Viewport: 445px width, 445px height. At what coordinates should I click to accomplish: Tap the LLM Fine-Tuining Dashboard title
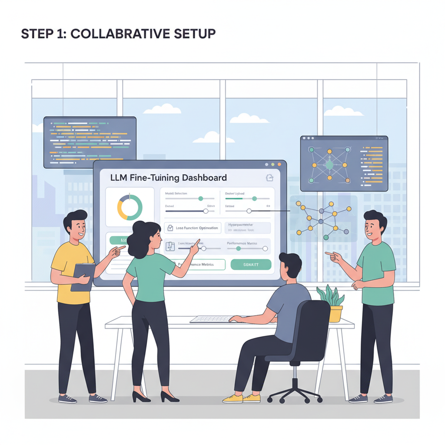point(169,177)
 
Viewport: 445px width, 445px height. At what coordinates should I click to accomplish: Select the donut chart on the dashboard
point(130,207)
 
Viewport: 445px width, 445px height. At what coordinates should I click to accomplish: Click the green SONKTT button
point(251,264)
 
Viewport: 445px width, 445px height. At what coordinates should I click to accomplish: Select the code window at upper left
point(90,142)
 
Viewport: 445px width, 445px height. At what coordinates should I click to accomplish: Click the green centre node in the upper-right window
point(329,165)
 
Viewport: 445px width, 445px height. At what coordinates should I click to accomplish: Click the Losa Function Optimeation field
point(192,228)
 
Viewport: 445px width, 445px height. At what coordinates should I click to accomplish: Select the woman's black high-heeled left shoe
point(169,396)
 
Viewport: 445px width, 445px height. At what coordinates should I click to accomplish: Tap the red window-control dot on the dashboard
point(266,165)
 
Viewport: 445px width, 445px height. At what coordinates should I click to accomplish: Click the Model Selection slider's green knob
point(200,198)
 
